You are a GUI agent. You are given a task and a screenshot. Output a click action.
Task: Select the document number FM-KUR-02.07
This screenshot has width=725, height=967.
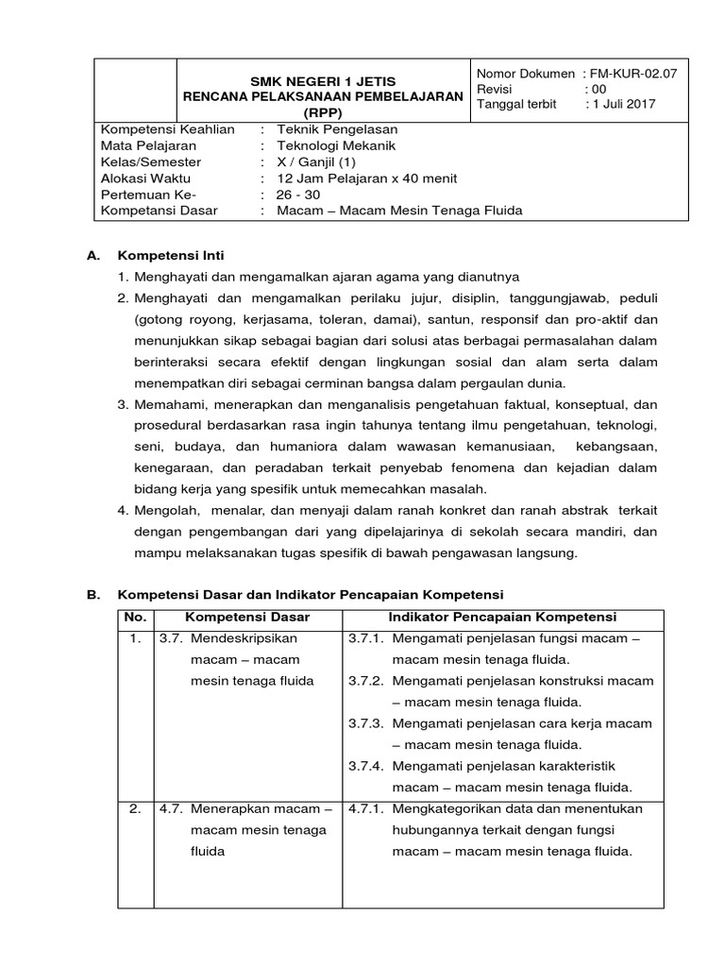click(638, 73)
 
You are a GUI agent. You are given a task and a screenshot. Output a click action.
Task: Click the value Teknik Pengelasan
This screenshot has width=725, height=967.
click(337, 129)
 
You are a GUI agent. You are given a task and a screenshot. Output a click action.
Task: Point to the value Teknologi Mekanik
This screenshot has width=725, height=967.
click(337, 145)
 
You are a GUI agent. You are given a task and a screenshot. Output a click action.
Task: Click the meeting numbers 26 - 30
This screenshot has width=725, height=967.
click(298, 195)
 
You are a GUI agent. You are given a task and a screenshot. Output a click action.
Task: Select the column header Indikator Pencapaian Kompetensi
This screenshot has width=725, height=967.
click(503, 617)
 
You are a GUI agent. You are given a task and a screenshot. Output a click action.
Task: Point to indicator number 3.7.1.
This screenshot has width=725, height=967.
click(364, 639)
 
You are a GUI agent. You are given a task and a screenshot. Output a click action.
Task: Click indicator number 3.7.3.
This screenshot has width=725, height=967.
click(364, 723)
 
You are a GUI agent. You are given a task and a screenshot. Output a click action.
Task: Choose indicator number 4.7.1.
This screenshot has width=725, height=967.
click(364, 809)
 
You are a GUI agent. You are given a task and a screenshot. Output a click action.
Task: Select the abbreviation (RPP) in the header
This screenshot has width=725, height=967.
click(324, 112)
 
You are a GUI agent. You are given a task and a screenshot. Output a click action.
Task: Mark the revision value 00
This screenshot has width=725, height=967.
click(599, 89)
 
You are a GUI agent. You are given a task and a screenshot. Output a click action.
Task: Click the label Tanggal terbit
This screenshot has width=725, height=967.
click(517, 104)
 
